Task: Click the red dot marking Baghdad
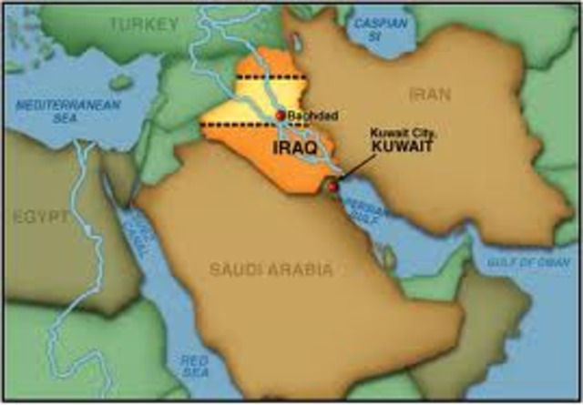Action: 280,116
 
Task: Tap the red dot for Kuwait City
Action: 332,187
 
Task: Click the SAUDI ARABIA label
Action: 271,269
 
